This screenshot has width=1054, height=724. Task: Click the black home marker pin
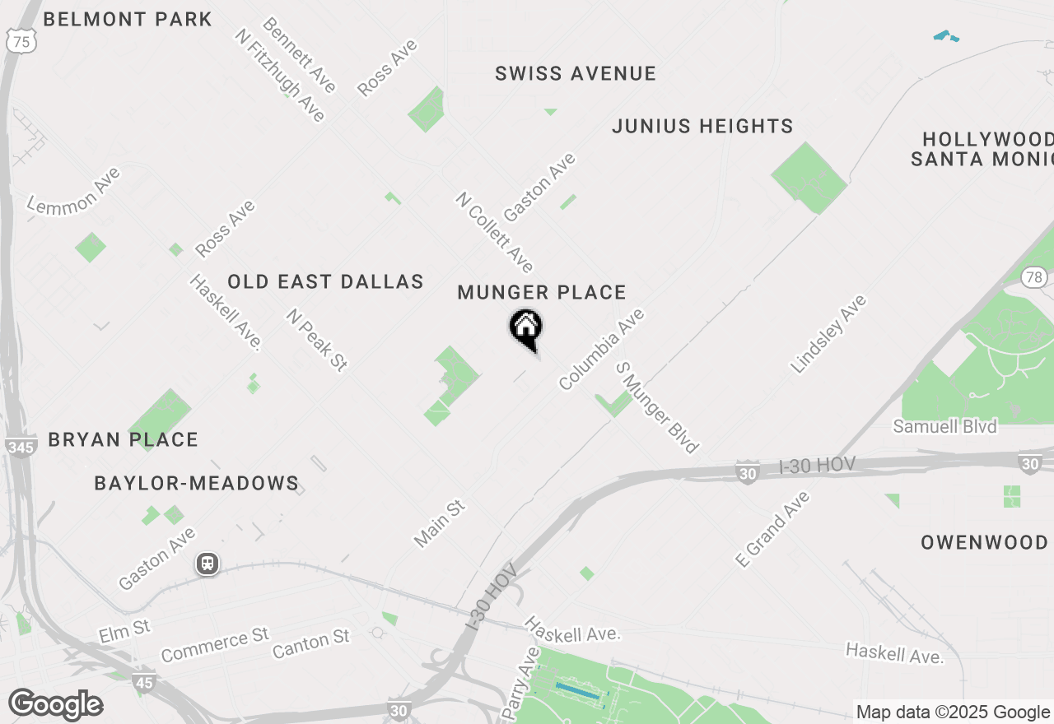point(525,328)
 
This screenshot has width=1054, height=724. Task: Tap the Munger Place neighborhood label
point(542,293)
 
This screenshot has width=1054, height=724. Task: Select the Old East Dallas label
point(325,282)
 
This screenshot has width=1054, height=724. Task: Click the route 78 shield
point(1034,276)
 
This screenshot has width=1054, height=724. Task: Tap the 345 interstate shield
point(20,448)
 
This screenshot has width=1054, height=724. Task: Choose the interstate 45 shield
point(143,682)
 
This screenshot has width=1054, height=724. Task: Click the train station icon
point(208,564)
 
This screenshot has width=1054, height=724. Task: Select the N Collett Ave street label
point(494,232)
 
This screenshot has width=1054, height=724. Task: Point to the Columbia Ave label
point(601,350)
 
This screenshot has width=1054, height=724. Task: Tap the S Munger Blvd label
point(657,407)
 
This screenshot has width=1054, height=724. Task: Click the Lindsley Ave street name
point(828,334)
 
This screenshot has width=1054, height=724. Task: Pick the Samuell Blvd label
point(945,426)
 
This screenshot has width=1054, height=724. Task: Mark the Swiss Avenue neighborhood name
point(576,74)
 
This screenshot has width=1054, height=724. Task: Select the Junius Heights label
point(702,126)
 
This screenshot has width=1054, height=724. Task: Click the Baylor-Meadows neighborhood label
point(196,483)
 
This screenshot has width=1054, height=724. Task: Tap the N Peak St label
point(317,340)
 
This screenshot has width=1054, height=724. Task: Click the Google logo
point(55,705)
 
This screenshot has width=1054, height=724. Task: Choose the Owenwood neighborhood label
point(984,542)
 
